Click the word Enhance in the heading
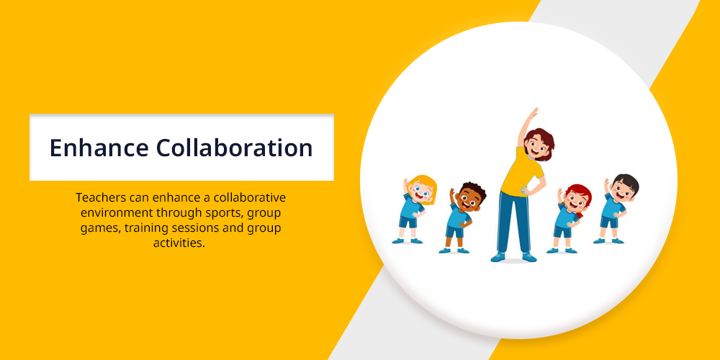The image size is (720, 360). pos(99,148)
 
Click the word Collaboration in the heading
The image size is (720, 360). pos(234,148)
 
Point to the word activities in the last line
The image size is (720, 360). pos(179,243)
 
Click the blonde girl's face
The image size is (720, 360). pos(421,192)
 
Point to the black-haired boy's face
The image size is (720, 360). pos(625,189)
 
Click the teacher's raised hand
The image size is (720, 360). pos(532,113)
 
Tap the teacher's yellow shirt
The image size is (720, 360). pos(521,172)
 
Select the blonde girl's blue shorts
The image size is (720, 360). pos(408,222)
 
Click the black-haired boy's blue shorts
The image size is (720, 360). pos(609,222)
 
